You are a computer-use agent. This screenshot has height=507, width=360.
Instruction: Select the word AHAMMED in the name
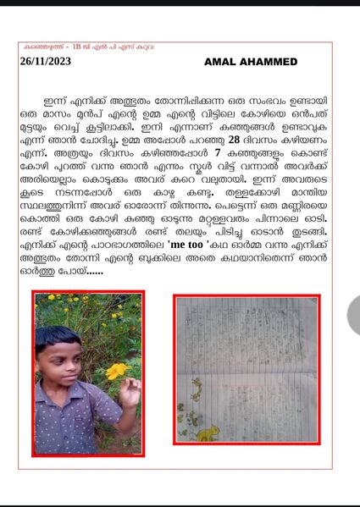(276, 63)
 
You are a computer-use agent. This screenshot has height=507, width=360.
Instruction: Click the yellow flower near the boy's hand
(116, 371)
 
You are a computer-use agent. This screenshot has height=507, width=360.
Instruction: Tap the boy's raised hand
(129, 390)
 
